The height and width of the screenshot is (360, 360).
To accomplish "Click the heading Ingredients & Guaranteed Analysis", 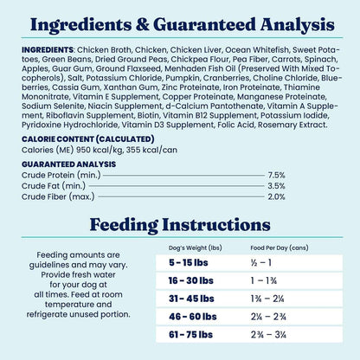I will click(180, 22).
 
